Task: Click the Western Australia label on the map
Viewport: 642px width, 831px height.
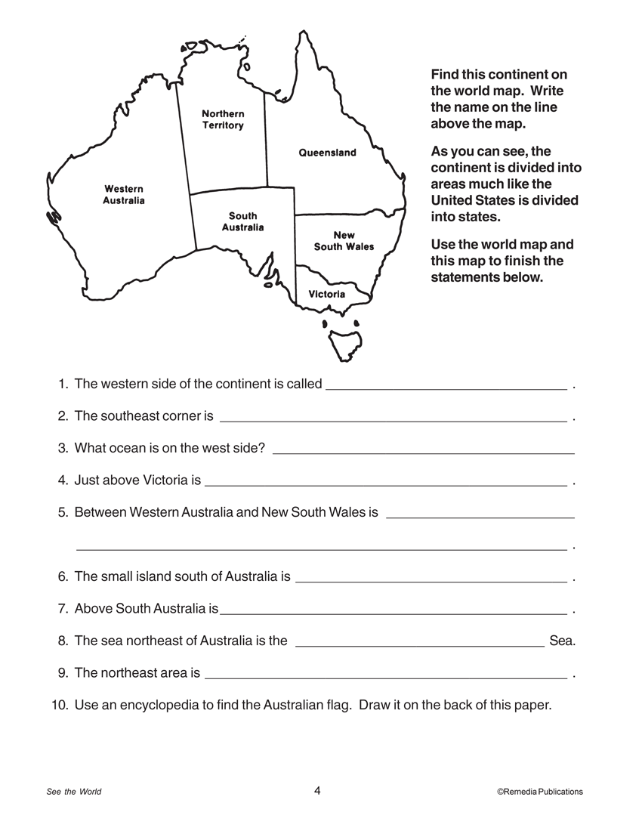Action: [x=124, y=194]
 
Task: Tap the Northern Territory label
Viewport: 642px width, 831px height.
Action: [x=223, y=119]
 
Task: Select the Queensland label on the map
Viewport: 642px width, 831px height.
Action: [x=327, y=153]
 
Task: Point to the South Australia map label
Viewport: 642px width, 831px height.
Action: [x=243, y=221]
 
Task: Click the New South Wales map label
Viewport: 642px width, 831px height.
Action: [x=344, y=241]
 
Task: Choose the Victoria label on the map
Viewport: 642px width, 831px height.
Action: [x=327, y=294]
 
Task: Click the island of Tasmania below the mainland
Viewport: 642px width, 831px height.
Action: [x=344, y=344]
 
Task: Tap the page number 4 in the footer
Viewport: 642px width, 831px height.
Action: [x=318, y=791]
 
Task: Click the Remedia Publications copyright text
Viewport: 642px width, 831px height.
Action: [x=540, y=792]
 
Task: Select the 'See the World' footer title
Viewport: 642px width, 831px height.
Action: [x=74, y=792]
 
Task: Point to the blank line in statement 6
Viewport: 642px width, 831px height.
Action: [x=431, y=579]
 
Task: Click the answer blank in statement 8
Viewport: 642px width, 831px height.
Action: [x=420, y=644]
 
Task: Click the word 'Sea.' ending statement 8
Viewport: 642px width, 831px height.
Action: [x=563, y=641]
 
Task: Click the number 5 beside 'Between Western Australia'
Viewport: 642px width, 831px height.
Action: [x=63, y=512]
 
